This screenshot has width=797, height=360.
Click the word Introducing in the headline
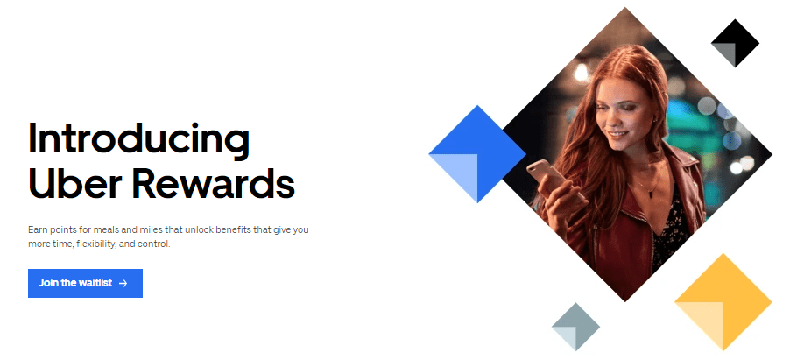(x=138, y=138)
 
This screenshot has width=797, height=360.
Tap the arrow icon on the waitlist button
(x=123, y=283)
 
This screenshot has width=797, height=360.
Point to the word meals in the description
(x=105, y=229)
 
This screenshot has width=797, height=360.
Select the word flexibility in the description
(x=96, y=244)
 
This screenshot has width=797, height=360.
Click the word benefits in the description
(x=233, y=229)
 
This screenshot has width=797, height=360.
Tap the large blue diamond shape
(x=477, y=153)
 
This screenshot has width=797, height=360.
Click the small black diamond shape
(x=735, y=43)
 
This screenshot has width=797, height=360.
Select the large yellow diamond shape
(x=723, y=302)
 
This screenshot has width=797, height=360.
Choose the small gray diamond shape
(x=576, y=327)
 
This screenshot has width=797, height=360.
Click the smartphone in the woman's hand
(x=549, y=178)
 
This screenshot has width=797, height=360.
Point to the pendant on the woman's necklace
(x=651, y=194)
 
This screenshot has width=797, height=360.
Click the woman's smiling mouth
(x=617, y=134)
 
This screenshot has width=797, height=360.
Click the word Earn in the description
(x=37, y=229)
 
